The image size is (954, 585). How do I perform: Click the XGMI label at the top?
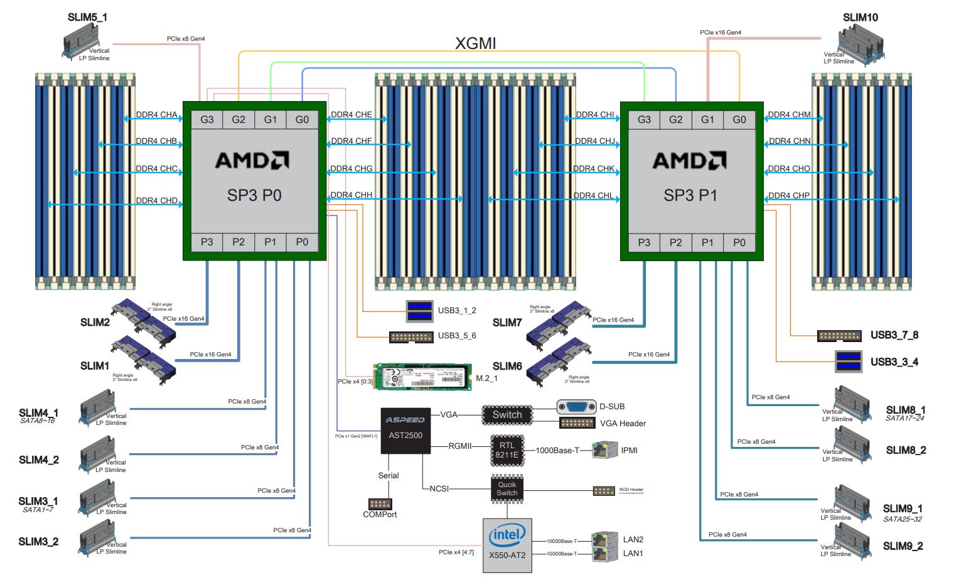click(x=475, y=43)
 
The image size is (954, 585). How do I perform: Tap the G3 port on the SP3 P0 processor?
click(x=206, y=119)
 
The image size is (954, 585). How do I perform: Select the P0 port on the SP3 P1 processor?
click(x=739, y=242)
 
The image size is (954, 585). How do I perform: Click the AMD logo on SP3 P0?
click(x=252, y=161)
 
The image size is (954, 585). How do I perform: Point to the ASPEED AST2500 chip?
click(x=405, y=431)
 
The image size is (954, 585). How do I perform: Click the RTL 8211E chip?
click(x=506, y=450)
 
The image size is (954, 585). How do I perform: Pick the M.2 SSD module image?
click(x=422, y=377)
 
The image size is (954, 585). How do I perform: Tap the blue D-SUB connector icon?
click(x=576, y=407)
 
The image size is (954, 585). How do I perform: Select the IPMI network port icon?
click(x=605, y=450)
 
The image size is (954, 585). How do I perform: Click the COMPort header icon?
click(x=380, y=503)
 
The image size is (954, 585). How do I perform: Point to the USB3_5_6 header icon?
click(x=411, y=337)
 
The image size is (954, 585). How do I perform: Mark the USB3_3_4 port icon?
click(x=849, y=362)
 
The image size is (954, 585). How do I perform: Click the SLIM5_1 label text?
click(x=87, y=18)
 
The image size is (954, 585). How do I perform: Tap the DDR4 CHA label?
click(x=156, y=115)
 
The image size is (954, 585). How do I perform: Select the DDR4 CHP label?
click(x=789, y=196)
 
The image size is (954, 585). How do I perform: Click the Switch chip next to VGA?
click(x=507, y=415)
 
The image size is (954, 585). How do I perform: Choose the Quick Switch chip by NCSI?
click(x=506, y=489)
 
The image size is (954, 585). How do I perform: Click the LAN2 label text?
click(x=633, y=539)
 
